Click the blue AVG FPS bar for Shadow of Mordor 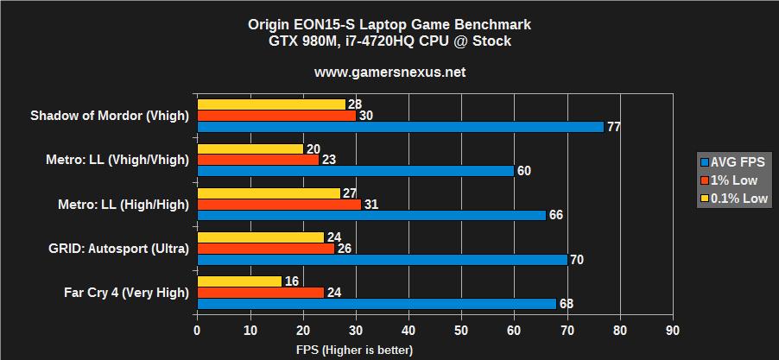[400, 127]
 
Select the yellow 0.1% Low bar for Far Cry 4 [239, 281]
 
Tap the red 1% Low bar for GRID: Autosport [266, 249]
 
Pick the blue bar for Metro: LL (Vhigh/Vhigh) [356, 171]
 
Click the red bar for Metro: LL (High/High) [279, 204]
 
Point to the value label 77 [614, 127]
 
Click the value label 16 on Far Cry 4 [292, 281]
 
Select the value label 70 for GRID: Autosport [577, 260]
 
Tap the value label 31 [371, 204]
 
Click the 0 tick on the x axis [198, 331]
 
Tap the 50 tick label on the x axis [461, 331]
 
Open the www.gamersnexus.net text [389, 72]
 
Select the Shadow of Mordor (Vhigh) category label [110, 116]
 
